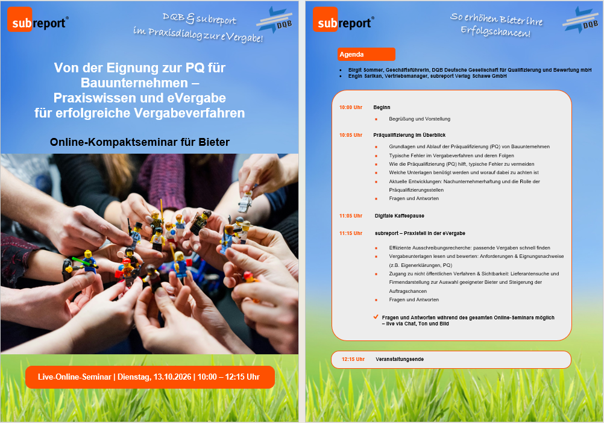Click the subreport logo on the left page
click(x=38, y=20)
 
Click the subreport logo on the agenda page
click(x=343, y=20)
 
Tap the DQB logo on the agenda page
click(x=580, y=20)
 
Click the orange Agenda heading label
click(x=366, y=54)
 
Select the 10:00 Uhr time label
click(x=351, y=107)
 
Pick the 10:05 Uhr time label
click(x=351, y=135)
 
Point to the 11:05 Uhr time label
click(x=351, y=216)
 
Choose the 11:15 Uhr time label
click(x=351, y=233)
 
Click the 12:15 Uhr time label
click(x=353, y=359)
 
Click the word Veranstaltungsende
click(x=400, y=359)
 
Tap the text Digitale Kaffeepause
click(x=400, y=216)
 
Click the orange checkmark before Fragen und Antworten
click(x=376, y=317)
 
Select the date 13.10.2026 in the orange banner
click(x=172, y=377)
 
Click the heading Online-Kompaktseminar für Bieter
click(x=139, y=142)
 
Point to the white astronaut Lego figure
click(x=245, y=202)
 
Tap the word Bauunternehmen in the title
click(x=134, y=83)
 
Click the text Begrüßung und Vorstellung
click(x=420, y=119)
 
